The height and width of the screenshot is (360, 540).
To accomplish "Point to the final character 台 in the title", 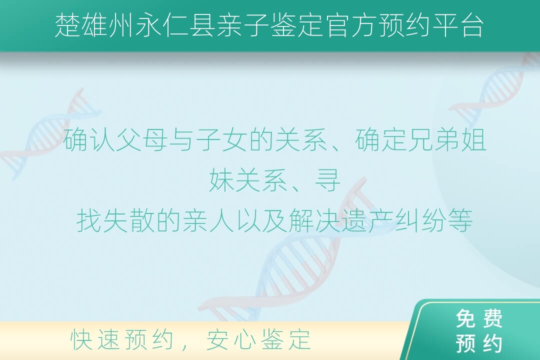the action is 472,25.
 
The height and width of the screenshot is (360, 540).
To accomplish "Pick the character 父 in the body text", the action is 128,140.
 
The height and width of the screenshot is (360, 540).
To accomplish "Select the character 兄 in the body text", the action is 420,140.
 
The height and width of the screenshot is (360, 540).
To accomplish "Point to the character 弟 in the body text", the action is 447,140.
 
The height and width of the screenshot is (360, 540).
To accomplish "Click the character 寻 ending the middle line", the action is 328,180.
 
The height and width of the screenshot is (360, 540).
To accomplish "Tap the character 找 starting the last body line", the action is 88,221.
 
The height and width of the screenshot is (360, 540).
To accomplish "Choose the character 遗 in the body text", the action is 353,221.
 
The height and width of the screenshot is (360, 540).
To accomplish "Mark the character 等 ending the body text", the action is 460,221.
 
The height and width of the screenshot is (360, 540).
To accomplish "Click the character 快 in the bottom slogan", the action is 81,339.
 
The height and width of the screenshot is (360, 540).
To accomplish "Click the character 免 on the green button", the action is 466,318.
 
